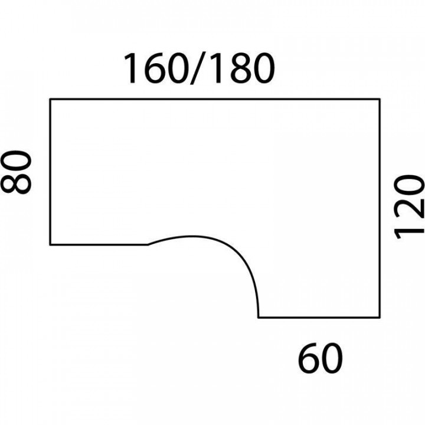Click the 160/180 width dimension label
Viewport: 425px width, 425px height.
point(199,70)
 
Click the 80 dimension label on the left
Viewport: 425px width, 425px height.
point(17,172)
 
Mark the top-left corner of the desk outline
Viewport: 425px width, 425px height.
point(50,99)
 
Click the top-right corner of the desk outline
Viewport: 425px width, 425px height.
point(379,99)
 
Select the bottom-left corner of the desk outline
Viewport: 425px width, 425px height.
point(50,244)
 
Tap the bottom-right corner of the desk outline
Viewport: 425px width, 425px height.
point(379,317)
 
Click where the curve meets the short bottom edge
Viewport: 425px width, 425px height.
point(259,317)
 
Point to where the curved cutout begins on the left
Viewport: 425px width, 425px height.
point(148,244)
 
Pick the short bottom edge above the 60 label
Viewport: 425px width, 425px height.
point(319,317)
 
